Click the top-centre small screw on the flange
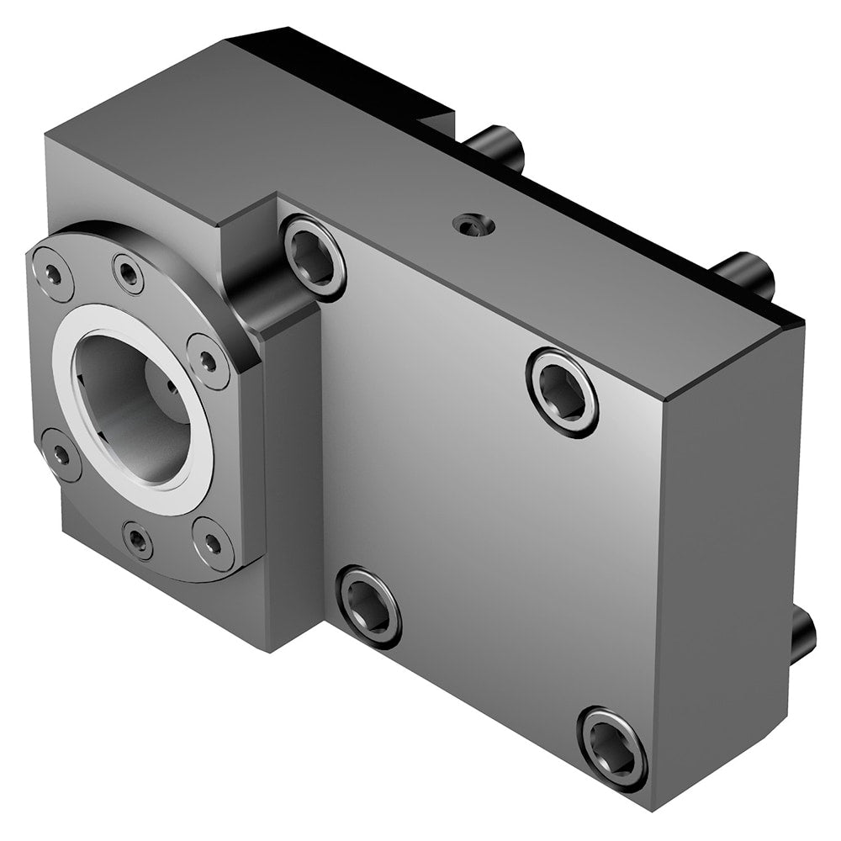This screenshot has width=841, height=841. click(x=129, y=272)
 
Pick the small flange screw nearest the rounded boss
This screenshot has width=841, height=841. click(x=207, y=361)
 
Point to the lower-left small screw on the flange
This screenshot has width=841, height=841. click(x=61, y=454)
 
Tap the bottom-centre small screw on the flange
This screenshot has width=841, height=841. click(x=137, y=539)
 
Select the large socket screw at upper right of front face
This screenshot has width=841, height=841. click(x=562, y=391)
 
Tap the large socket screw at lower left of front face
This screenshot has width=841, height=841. click(x=368, y=606)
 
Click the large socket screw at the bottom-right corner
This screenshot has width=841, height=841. click(x=611, y=748)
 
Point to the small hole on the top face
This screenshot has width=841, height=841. click(x=468, y=224)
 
